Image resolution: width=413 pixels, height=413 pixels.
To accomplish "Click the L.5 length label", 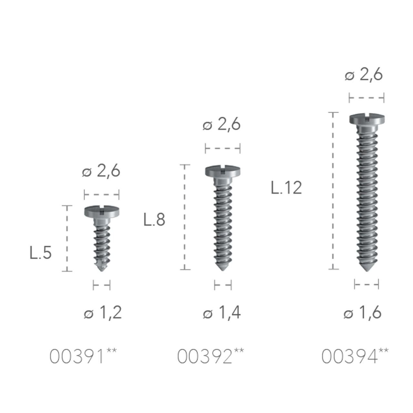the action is tap(41, 253).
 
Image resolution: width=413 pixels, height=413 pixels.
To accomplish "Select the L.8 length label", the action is tap(154, 220).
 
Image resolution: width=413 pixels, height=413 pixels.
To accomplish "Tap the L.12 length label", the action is tap(286, 188).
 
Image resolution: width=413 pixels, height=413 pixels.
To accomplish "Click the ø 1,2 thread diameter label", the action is tap(103, 313).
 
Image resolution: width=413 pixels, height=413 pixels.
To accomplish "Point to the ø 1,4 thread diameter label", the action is tap(222, 313).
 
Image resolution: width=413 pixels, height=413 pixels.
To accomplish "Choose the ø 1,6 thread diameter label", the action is tap(363, 313).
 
